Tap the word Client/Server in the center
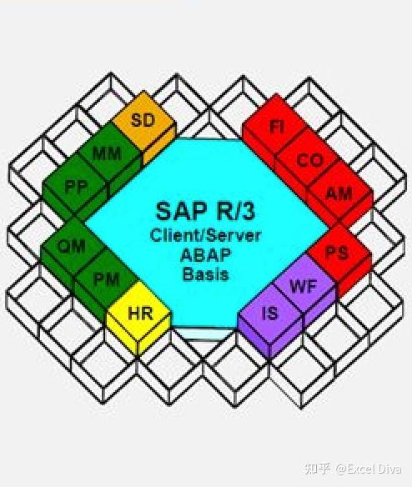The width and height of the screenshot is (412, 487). pos(205,236)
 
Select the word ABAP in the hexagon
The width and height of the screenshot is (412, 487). pos(205,255)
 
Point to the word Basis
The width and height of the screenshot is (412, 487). pos(205,274)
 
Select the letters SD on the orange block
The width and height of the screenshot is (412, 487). pos(143,120)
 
